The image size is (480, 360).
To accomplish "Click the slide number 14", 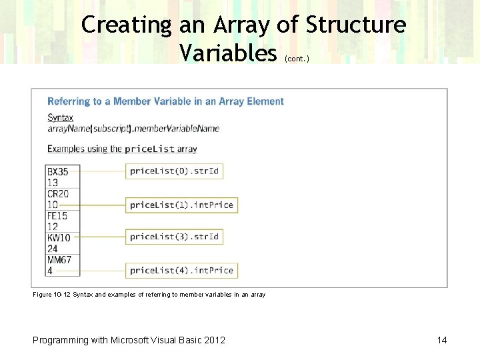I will [442, 340].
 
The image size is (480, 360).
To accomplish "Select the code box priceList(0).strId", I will [174, 171].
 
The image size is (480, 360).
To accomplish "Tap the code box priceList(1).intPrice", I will [181, 205].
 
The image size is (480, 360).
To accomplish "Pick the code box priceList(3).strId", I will [174, 237].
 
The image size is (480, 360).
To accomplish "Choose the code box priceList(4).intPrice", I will [181, 270].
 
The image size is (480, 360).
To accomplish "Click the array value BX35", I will [58, 171].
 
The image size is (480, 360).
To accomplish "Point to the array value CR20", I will [58, 194].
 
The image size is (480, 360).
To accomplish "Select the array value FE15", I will [57, 216].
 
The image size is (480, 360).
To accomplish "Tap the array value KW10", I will [59, 238].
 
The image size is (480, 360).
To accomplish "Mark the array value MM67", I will [59, 260].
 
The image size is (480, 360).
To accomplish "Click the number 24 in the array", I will [53, 249].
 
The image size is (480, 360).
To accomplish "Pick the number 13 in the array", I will [53, 183].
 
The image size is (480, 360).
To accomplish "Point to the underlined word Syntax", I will [60, 117].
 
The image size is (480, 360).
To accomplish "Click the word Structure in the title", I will [355, 25].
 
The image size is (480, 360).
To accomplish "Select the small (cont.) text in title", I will [297, 59].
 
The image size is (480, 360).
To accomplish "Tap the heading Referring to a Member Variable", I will [165, 101].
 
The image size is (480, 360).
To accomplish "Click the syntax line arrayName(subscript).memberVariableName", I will [133, 128].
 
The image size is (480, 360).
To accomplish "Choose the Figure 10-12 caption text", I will [149, 295].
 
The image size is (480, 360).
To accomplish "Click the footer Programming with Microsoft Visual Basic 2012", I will [129, 340].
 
